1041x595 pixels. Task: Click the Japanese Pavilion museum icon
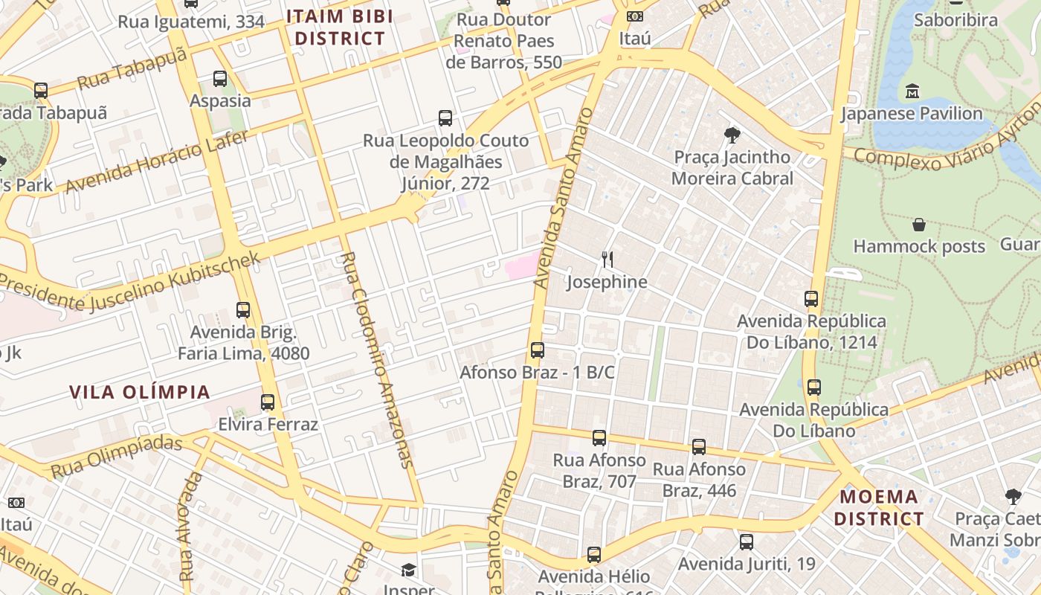point(912,91)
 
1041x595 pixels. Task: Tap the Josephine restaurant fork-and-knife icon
point(607,260)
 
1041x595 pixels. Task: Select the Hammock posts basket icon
point(919,225)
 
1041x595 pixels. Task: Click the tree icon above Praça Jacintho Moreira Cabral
point(732,135)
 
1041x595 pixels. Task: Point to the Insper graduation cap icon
point(408,570)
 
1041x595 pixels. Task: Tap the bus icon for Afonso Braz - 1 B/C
point(537,350)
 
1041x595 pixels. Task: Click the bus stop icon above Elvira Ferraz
point(267,402)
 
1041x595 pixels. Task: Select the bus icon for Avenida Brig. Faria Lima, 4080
point(243,310)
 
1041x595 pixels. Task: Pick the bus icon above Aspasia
point(219,78)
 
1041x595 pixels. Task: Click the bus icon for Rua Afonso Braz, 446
point(698,447)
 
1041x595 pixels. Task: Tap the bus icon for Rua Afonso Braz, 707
point(599,438)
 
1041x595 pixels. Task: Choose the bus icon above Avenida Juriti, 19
point(746,542)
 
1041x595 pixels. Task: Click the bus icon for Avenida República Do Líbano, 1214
point(811,299)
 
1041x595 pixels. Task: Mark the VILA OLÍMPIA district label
point(140,392)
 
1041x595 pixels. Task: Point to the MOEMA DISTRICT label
point(879,507)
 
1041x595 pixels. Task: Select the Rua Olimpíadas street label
point(116,457)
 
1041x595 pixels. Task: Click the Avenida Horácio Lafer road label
point(157,161)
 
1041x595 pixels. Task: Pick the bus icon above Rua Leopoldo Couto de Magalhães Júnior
point(445,118)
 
